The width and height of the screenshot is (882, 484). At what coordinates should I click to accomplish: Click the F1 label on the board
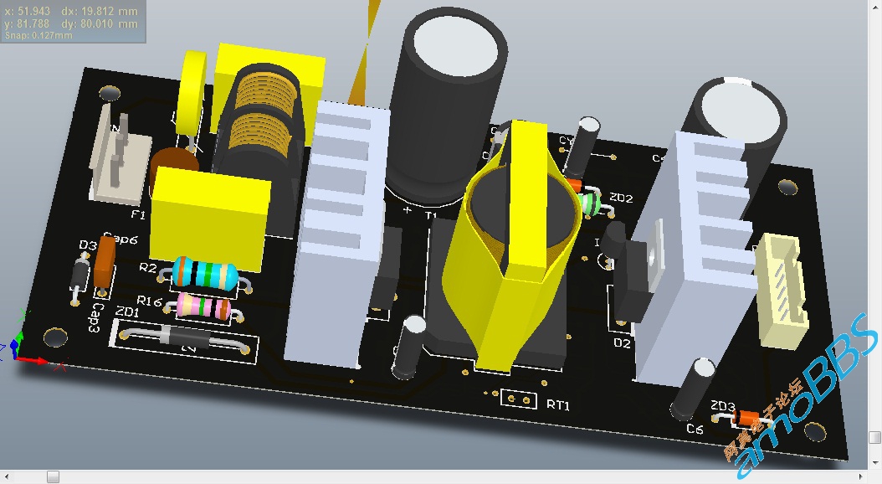click(x=138, y=215)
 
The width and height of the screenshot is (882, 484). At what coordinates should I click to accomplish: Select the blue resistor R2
click(x=203, y=273)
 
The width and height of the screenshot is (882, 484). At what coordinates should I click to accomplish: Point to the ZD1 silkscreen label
click(x=128, y=312)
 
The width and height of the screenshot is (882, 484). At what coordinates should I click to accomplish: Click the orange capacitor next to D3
click(x=105, y=261)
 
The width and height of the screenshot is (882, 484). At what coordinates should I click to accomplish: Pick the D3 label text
click(x=87, y=245)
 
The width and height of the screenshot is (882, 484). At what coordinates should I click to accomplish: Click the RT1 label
click(x=558, y=404)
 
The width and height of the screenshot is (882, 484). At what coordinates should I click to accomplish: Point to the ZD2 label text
click(x=621, y=198)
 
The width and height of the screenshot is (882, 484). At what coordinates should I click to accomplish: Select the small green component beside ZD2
click(x=592, y=203)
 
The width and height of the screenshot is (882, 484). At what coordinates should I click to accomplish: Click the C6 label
click(x=695, y=430)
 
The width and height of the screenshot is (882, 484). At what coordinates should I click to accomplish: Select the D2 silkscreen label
click(x=622, y=342)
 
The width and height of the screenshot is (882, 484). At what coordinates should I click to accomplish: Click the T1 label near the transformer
click(x=433, y=215)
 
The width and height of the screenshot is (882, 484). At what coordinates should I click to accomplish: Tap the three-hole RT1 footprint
click(x=519, y=399)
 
